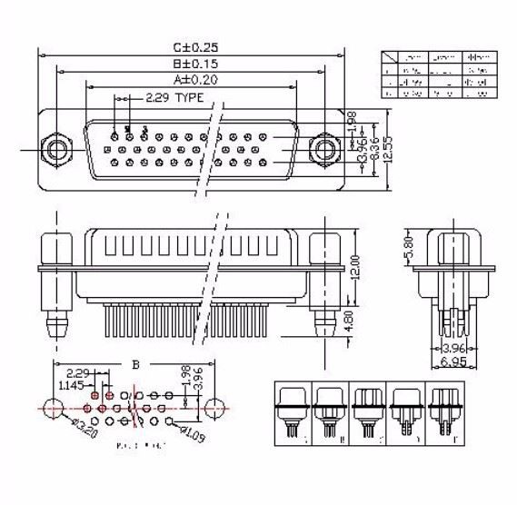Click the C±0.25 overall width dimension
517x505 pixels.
click(x=195, y=46)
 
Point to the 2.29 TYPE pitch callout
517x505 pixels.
click(x=175, y=96)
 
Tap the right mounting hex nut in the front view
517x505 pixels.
click(x=323, y=146)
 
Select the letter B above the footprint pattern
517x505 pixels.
click(x=136, y=364)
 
